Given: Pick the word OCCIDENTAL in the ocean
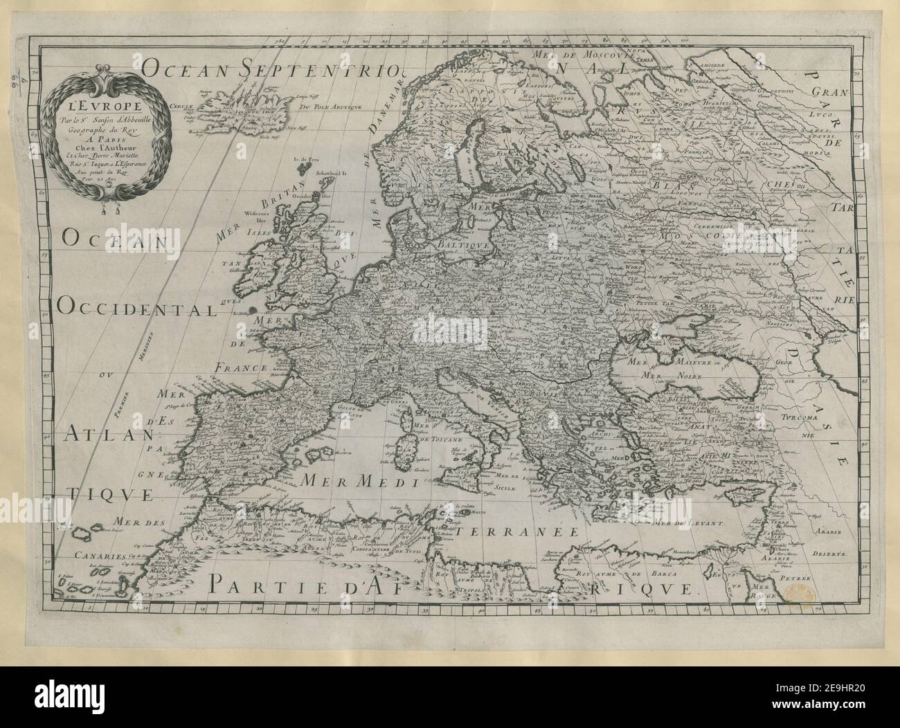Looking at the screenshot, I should pos(137,311).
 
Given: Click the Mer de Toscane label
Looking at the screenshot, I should pos(438,439).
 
